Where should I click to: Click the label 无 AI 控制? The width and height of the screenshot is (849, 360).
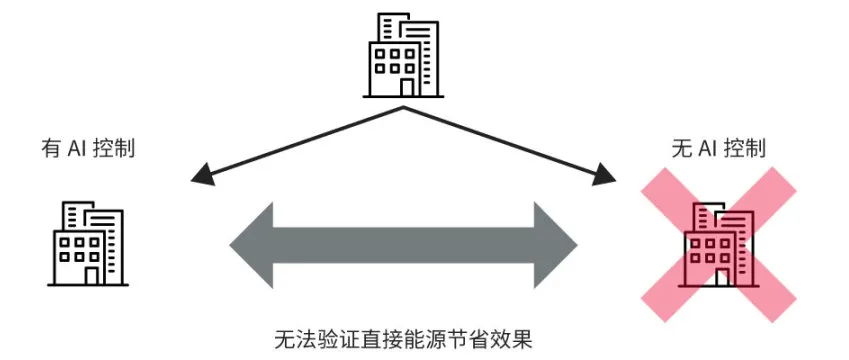[x=719, y=150]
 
